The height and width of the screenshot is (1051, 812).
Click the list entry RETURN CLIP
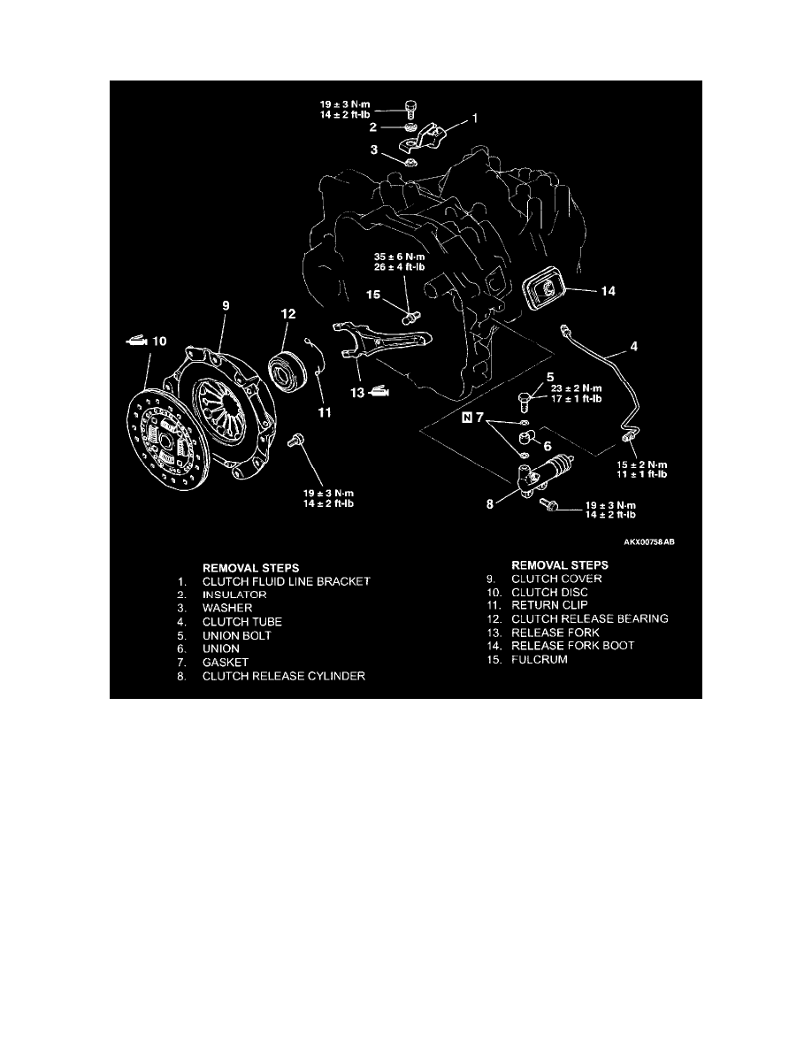click(x=548, y=604)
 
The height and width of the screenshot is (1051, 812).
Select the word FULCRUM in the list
click(x=540, y=659)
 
